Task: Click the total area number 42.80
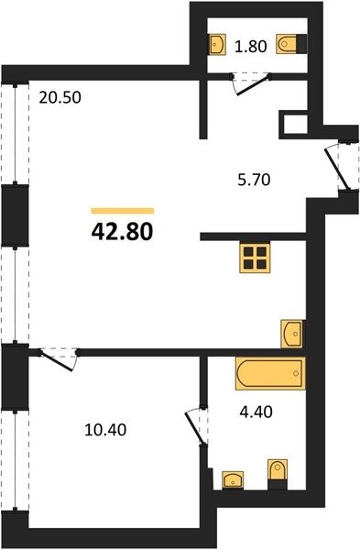(x=123, y=232)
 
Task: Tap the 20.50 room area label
(x=60, y=97)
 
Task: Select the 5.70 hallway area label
(x=254, y=180)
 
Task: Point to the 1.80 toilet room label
(x=251, y=47)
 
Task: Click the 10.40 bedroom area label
(x=105, y=430)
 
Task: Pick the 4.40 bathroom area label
(x=256, y=412)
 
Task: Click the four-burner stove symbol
(x=255, y=258)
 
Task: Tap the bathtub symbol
(x=270, y=374)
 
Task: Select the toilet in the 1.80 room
(x=291, y=44)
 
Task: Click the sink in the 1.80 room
(x=217, y=44)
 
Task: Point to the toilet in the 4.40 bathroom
(x=278, y=474)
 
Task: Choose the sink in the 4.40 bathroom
(x=233, y=479)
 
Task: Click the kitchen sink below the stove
(x=292, y=334)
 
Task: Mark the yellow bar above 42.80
(x=123, y=211)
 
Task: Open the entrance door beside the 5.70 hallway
(x=338, y=168)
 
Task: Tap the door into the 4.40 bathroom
(x=196, y=425)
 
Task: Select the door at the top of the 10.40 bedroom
(x=59, y=358)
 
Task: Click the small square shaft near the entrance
(x=294, y=125)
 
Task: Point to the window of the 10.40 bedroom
(x=15, y=460)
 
